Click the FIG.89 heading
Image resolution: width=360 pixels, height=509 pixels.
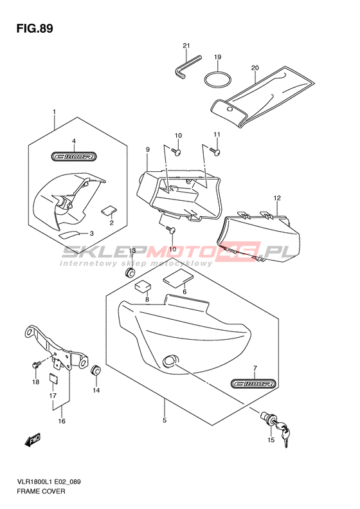(x=35, y=28)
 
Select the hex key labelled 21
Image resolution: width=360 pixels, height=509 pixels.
(x=186, y=67)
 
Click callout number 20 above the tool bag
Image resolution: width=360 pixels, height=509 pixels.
(x=255, y=68)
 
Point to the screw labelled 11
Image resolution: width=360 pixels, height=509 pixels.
(x=215, y=151)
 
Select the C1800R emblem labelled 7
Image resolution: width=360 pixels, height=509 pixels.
(x=254, y=384)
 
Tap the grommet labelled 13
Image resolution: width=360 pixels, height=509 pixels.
(x=130, y=273)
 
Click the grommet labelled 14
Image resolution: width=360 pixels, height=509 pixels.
(x=96, y=371)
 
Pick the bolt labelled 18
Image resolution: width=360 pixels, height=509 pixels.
(x=36, y=365)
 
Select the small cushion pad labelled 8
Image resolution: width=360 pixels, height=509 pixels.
(x=143, y=286)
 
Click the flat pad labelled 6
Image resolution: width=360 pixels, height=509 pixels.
(x=178, y=279)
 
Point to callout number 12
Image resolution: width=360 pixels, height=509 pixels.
(x=277, y=198)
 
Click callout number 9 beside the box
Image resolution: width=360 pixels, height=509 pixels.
(x=148, y=150)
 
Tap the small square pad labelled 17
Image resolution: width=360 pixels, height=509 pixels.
(x=53, y=378)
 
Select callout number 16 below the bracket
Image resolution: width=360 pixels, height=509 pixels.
(x=62, y=421)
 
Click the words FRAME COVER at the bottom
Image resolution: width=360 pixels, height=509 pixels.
(x=41, y=491)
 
